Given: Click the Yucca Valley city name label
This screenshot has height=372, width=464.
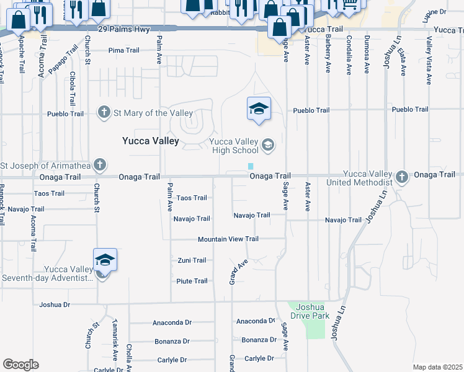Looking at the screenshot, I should coord(150,141).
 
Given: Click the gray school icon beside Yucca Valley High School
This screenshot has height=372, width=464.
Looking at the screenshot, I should coord(268,146).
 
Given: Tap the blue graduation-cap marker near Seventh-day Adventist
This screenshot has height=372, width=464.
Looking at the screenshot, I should coord(105,260).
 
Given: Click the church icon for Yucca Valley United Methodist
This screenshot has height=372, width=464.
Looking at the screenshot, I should coord(402,177).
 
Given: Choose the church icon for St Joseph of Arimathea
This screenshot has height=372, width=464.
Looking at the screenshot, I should coord(99,165).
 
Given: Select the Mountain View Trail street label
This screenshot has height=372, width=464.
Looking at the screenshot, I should coord(228,239).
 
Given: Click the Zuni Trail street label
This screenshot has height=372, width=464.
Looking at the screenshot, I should coord(192,260).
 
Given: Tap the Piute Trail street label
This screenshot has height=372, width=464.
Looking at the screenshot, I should coord(192,281).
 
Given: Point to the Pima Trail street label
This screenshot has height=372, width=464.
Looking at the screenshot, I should coord(124,50).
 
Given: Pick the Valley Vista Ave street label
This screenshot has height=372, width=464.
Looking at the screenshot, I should coord(429,60).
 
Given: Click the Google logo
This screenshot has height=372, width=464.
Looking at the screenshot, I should coord(20,365).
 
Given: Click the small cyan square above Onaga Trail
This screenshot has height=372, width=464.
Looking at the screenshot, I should coord(251,166).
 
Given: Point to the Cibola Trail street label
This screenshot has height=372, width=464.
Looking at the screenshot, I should coord(73,88).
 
